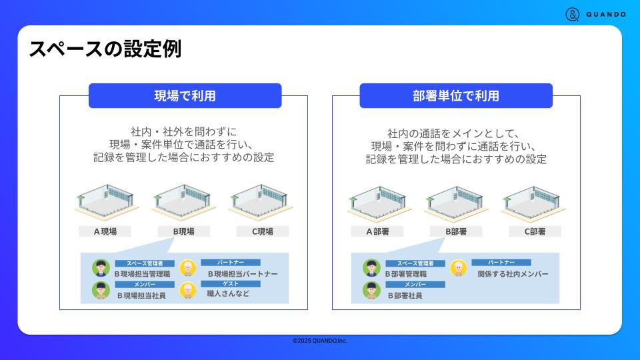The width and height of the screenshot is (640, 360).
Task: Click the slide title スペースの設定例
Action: pos(105,49)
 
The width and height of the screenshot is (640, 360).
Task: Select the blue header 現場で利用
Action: pos(185,95)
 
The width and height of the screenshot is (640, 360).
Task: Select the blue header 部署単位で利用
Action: pos(456,95)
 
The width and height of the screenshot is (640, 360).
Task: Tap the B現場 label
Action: pos(183,231)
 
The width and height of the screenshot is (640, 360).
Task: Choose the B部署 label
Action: pos(456,231)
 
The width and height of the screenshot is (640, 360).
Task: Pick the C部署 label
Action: pos(535,231)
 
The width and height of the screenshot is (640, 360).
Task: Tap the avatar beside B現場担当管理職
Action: pos(101,268)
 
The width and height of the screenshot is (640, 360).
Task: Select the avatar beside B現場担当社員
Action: pos(101,290)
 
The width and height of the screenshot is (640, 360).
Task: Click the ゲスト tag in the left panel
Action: pos(230,283)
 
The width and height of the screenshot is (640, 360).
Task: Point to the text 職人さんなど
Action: pos(228,293)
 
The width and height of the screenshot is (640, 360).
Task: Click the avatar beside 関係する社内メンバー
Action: pos(458,268)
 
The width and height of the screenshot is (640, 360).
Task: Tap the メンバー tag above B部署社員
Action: pos(415,285)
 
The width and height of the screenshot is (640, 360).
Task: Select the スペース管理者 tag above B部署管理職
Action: pos(415,263)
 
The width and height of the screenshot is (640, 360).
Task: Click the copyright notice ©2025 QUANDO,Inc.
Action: pos(320,341)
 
